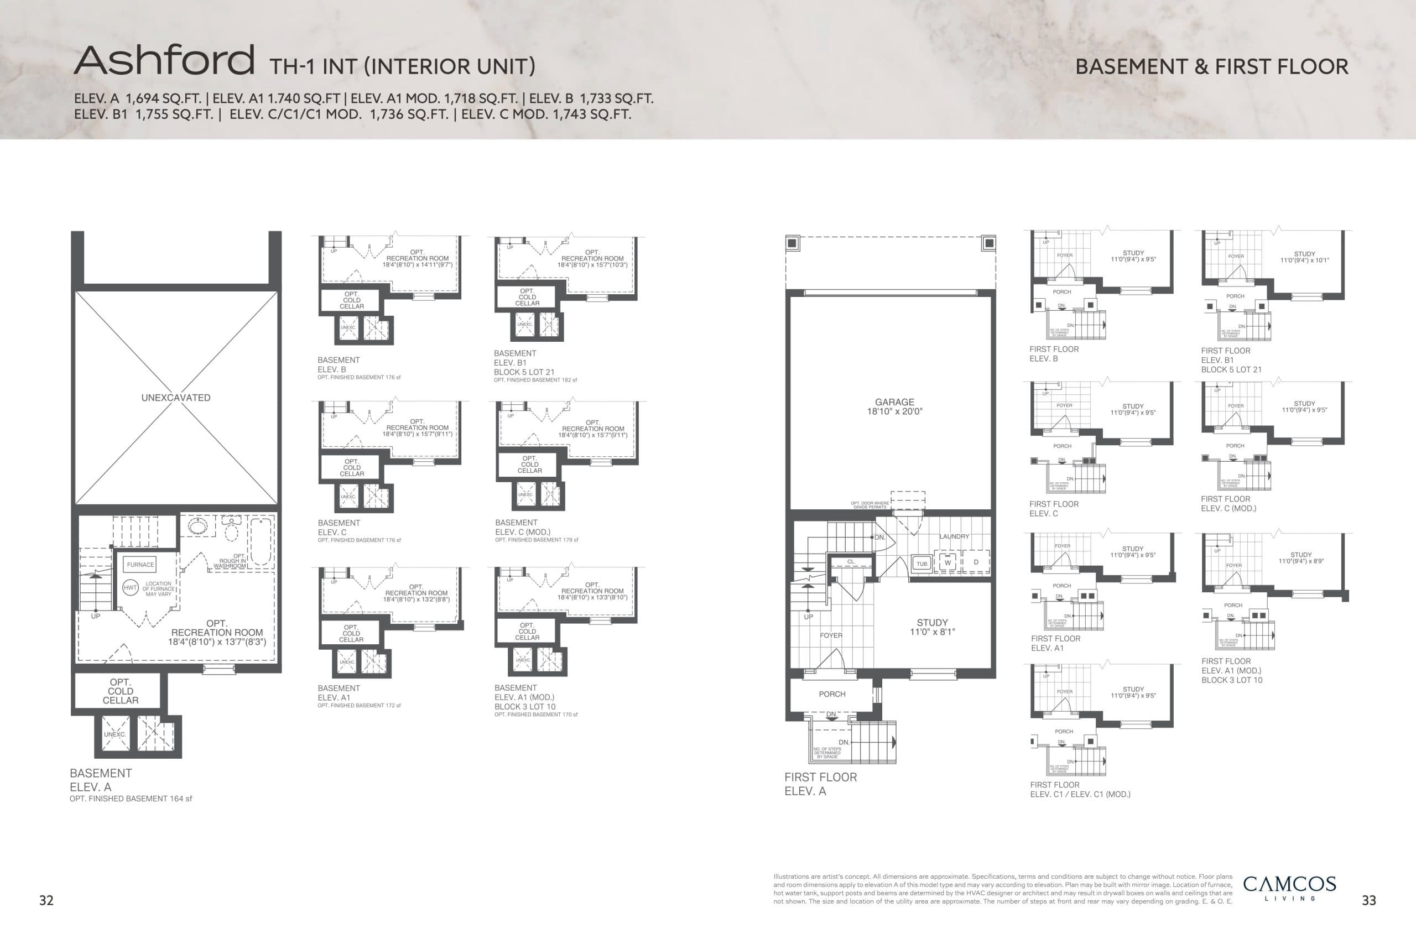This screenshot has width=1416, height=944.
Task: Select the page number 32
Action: coord(46,900)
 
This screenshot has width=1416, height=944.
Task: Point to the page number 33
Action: coord(1368,900)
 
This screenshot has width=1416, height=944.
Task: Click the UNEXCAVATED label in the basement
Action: coord(176,398)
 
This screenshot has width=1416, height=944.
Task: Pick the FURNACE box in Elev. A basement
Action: coord(140,565)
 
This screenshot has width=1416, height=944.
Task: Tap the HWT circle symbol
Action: coord(130,588)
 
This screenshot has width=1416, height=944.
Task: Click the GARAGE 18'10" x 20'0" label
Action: coord(894,406)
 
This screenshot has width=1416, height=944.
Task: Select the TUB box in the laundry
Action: coord(922,564)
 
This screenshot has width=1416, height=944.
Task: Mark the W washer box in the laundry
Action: coord(948,562)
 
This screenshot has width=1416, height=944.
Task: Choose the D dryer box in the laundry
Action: coord(976,562)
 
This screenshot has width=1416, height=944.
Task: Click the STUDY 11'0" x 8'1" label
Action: coord(932,627)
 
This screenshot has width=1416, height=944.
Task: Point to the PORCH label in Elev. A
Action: coord(832,694)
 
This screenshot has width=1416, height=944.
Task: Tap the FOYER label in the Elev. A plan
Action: coord(831,635)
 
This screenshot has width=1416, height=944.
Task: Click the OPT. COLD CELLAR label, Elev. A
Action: coord(121,691)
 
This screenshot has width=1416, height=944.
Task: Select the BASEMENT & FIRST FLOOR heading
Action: coord(1211,67)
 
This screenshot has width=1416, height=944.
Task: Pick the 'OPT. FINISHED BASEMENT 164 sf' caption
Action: coord(131,799)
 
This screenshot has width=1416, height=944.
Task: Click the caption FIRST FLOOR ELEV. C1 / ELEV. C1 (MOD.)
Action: coord(1080,789)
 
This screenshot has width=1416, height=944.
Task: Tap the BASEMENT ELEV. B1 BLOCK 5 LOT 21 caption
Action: coord(524,363)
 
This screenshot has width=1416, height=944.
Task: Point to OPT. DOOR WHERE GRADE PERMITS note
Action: coord(870,505)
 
